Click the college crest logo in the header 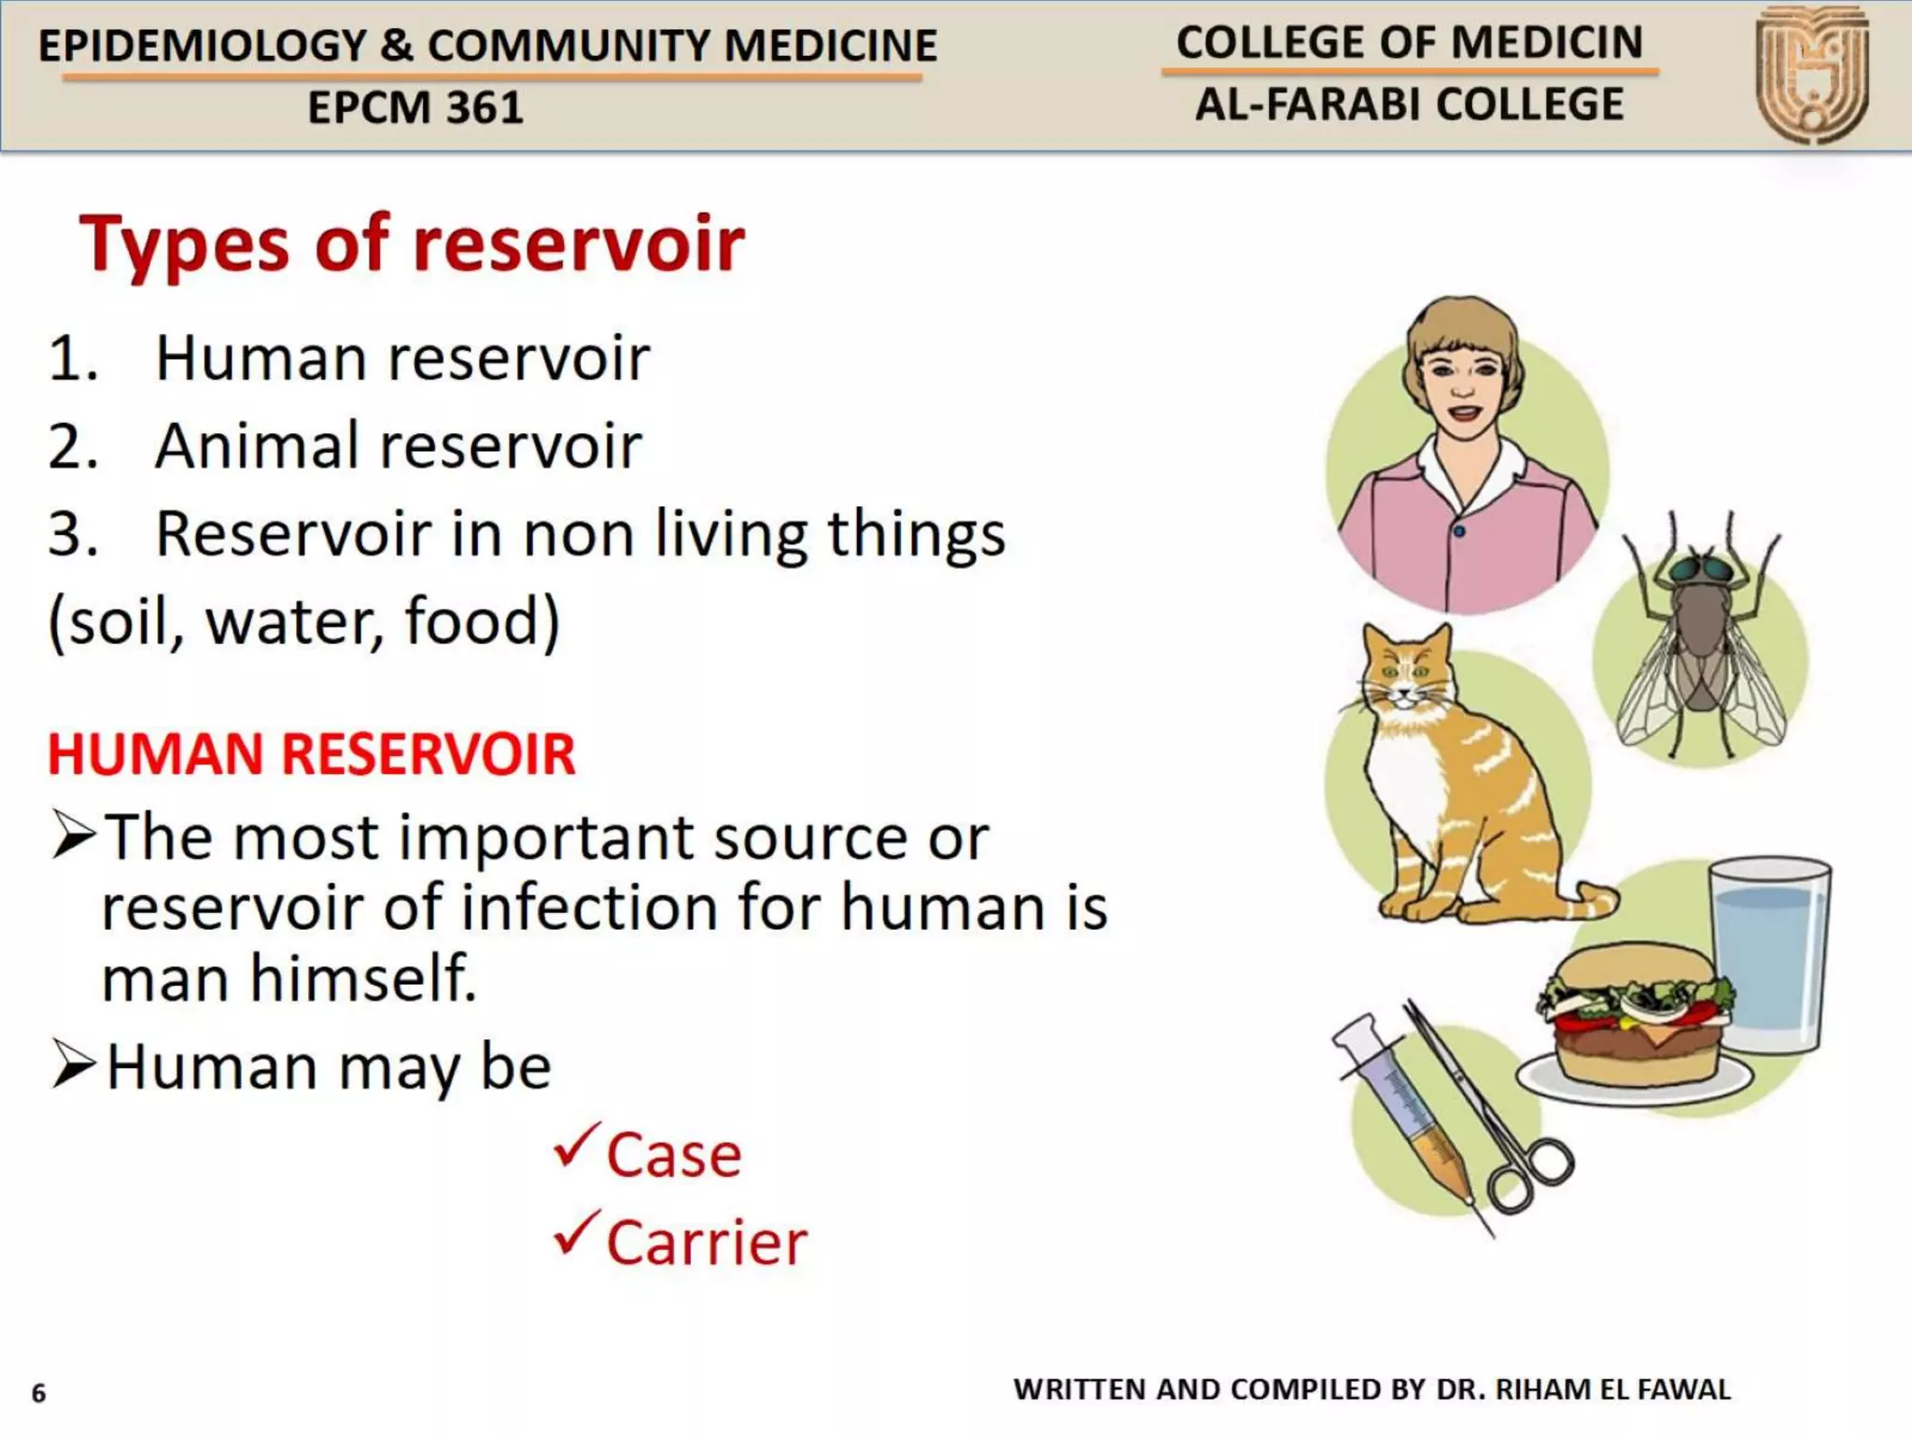click(1812, 75)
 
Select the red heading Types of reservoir click(412, 245)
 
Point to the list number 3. click(72, 534)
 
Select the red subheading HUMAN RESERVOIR click(312, 754)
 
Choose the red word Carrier click(707, 1244)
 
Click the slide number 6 click(38, 1393)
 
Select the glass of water click(1767, 957)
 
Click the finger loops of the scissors click(1531, 1176)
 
